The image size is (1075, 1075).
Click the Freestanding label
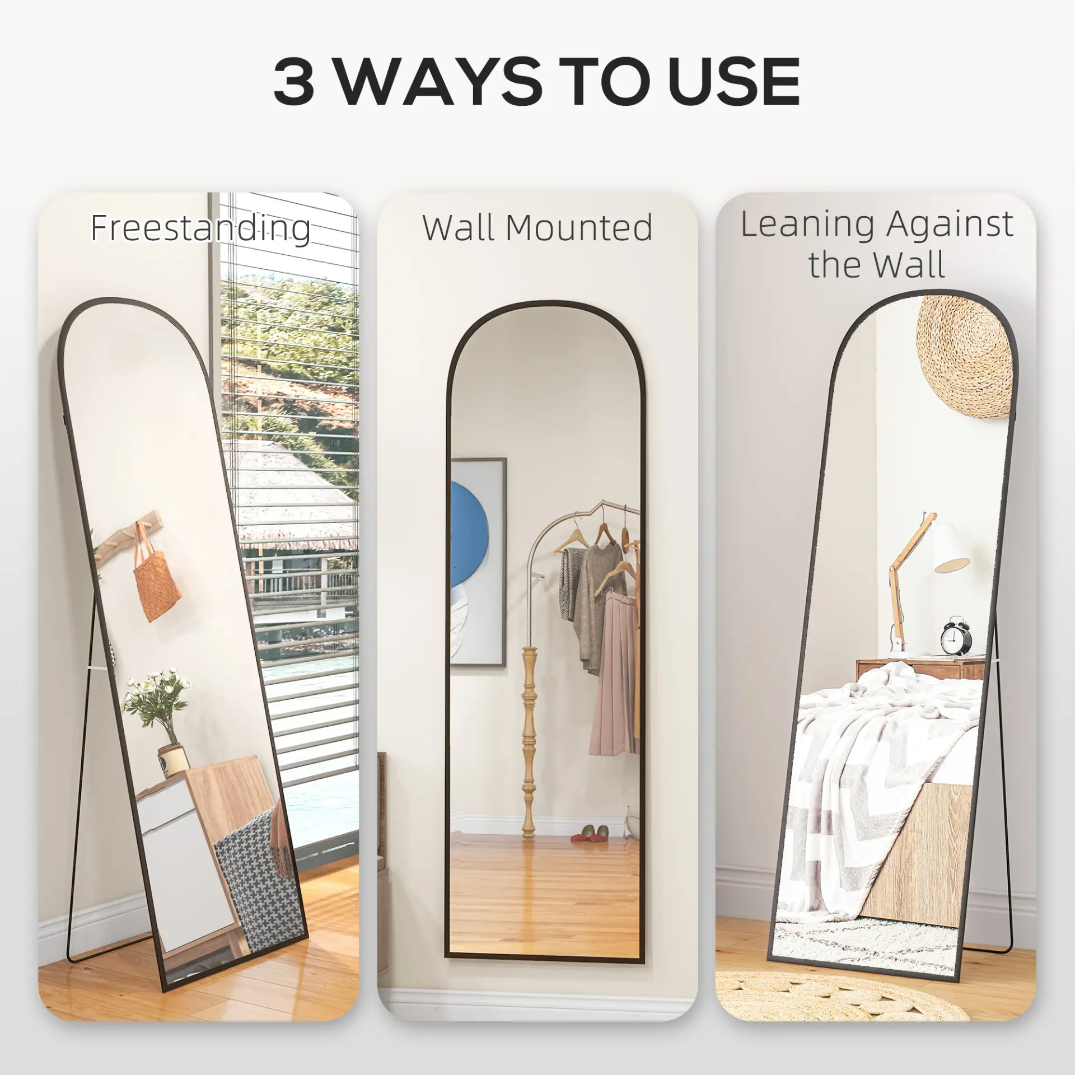coord(200,229)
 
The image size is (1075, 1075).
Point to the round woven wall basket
coord(965,356)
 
